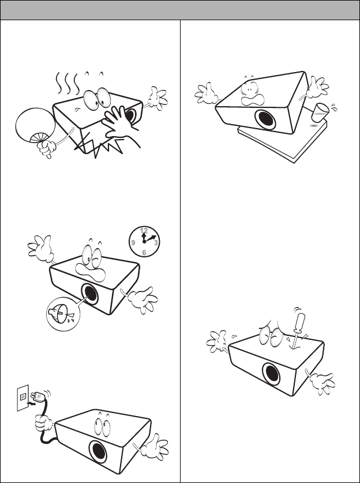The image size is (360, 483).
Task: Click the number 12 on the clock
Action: (144, 230)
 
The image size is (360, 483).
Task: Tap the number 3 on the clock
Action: (156, 243)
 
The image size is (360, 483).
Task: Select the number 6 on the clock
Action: (144, 253)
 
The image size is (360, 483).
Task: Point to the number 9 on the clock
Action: (133, 243)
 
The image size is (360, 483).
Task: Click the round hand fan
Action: (35, 125)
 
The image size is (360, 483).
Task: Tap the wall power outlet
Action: (23, 398)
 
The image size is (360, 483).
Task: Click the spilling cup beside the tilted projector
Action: (320, 112)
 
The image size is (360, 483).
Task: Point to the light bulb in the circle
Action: (62, 313)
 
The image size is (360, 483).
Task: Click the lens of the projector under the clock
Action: (90, 294)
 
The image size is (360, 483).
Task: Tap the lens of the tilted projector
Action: (265, 119)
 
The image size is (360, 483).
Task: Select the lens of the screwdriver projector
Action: (272, 374)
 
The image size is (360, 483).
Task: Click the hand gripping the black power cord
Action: (43, 423)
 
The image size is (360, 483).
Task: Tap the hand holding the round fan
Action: (48, 148)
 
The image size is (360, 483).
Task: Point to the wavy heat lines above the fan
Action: (67, 84)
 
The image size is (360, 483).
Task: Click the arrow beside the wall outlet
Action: (31, 402)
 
